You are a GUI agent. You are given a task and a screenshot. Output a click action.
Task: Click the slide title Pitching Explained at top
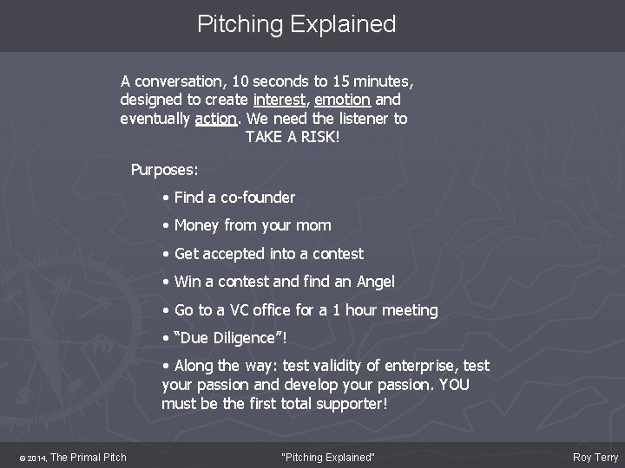pos(296,24)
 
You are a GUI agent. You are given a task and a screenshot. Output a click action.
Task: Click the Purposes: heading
pos(164,169)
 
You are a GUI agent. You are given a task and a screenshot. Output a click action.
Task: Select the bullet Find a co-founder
pos(234,198)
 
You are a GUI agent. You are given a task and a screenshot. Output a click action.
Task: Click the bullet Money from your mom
pos(252,225)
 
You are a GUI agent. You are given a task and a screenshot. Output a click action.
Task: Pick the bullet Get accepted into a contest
pos(268,254)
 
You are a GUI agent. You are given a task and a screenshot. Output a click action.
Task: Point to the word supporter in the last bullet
pos(340,404)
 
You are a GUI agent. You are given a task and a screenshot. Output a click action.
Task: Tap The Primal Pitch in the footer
pos(88,458)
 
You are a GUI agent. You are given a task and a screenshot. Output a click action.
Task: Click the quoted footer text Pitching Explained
pos(329,458)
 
